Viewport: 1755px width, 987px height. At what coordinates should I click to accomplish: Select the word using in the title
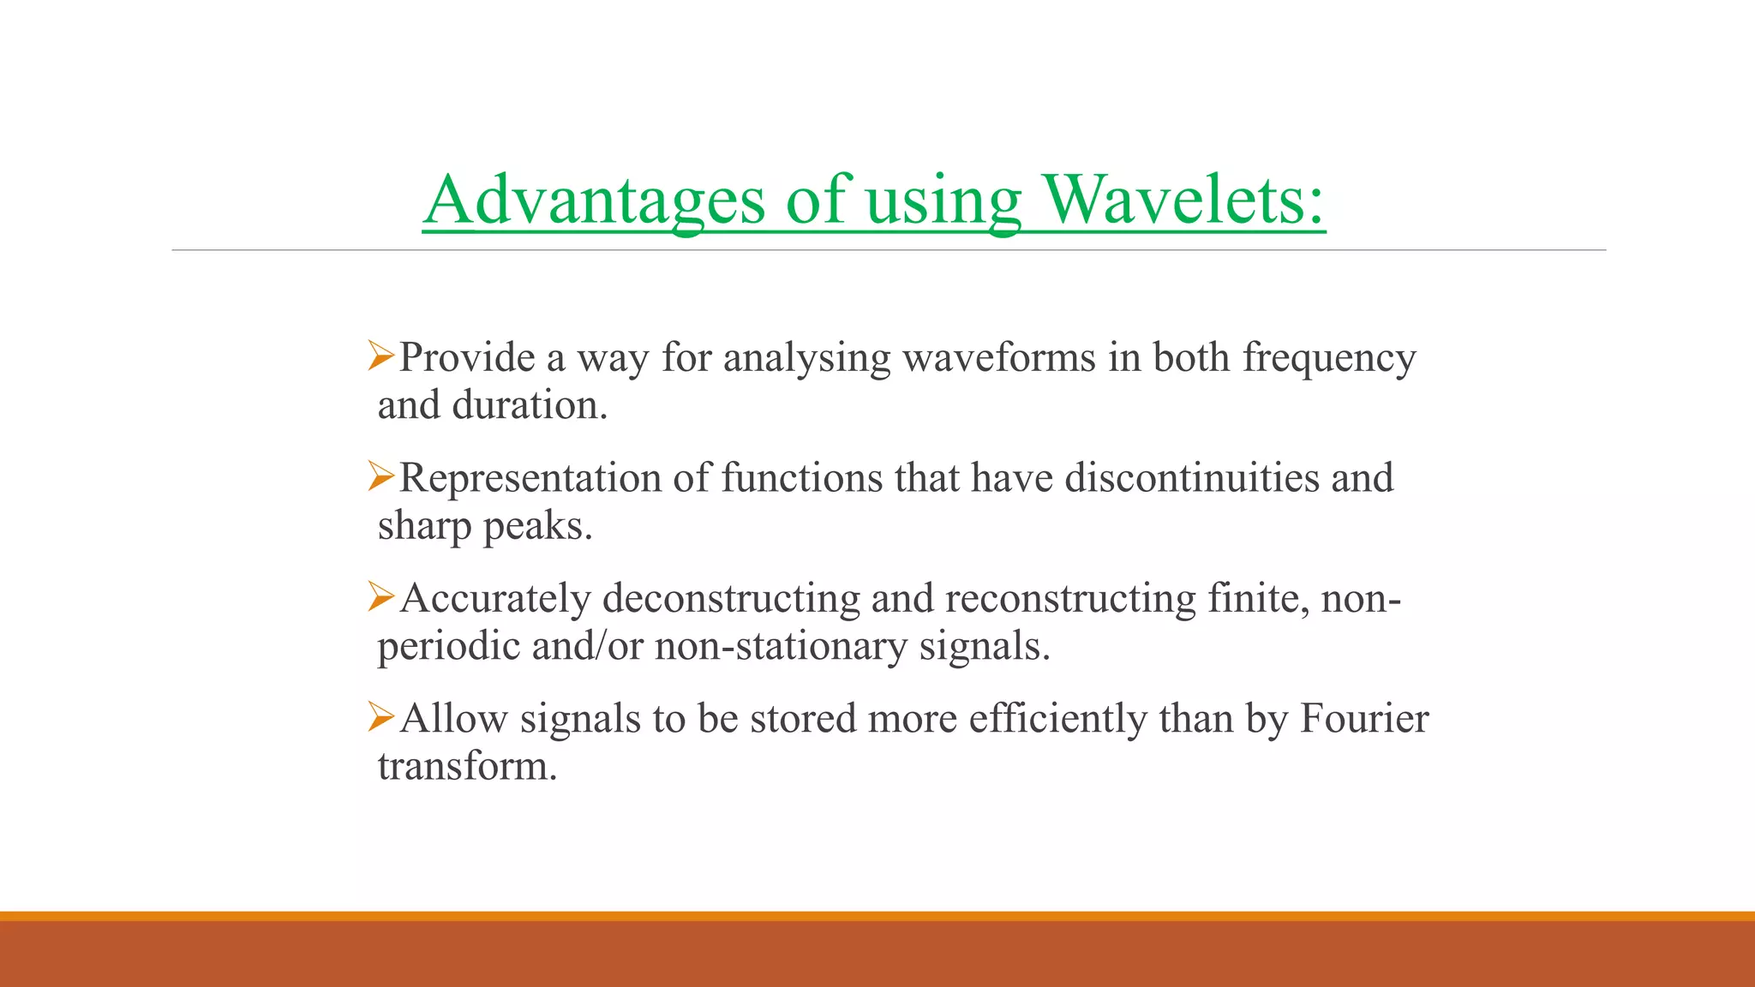click(x=943, y=202)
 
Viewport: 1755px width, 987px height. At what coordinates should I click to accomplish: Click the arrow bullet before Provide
click(x=380, y=356)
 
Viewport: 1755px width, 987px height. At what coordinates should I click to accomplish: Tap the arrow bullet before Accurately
click(x=380, y=596)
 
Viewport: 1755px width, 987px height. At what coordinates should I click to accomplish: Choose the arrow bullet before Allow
click(x=380, y=716)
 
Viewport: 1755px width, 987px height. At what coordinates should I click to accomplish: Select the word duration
click(x=529, y=405)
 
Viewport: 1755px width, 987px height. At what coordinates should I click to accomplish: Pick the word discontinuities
click(x=1191, y=477)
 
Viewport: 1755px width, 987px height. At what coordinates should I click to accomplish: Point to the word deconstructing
click(x=730, y=598)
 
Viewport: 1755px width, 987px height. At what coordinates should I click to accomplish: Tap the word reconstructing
click(x=1070, y=598)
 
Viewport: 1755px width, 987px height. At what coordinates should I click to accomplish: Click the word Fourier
click(x=1364, y=718)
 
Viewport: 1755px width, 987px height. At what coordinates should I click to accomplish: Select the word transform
click(x=467, y=766)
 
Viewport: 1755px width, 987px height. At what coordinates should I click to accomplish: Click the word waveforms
click(x=998, y=357)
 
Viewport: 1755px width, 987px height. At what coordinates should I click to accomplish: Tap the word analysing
click(x=806, y=358)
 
